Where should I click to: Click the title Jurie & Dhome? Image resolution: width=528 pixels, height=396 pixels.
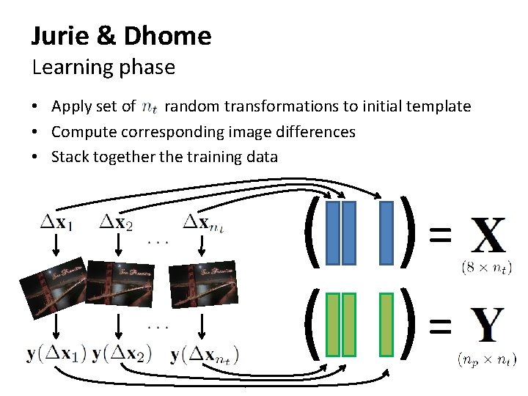[x=121, y=35]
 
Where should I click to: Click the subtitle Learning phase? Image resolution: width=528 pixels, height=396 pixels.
[x=103, y=67]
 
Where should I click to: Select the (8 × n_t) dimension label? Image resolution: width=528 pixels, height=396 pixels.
[x=487, y=268]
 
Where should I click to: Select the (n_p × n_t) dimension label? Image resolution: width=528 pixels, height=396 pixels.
[x=486, y=359]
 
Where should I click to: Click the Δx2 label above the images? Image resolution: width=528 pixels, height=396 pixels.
[x=117, y=221]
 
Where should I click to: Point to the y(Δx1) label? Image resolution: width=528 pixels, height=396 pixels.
[x=56, y=353]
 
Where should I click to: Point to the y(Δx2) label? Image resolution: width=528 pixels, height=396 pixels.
[x=122, y=353]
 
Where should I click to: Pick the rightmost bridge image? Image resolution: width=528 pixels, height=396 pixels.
[x=196, y=284]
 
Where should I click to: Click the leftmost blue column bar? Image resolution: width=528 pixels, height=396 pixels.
[x=332, y=232]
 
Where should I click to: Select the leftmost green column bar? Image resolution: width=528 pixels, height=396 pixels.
[x=332, y=325]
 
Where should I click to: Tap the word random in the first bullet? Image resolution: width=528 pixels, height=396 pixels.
[x=193, y=106]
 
